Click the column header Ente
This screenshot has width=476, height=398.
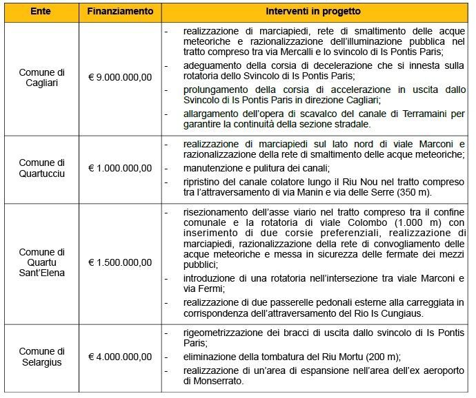pos(40,12)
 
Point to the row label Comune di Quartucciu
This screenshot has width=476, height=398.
pos(41,168)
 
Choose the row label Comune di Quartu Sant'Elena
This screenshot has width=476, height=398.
pos(41,262)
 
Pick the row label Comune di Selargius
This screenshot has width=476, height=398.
pos(41,357)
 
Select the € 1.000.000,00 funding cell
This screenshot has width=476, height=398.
pos(121,168)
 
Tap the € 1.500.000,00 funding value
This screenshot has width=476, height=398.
pos(121,262)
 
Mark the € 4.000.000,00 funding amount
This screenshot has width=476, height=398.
pos(121,357)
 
